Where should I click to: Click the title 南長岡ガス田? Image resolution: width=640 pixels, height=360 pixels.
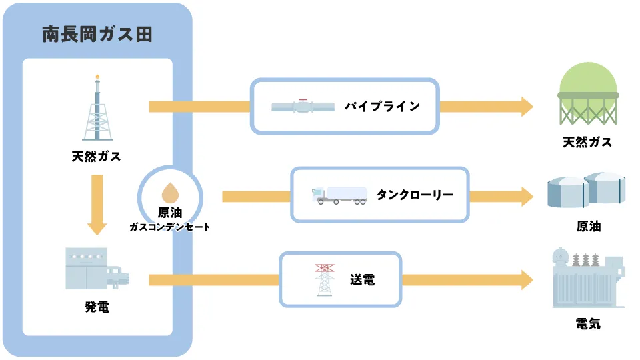point(97,35)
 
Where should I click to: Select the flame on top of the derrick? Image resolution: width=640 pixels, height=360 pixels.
point(97,77)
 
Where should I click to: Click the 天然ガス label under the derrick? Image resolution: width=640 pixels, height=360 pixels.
point(97,157)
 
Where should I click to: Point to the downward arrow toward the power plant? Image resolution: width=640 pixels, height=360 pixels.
point(97,204)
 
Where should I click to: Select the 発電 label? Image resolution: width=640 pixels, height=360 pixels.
point(97,307)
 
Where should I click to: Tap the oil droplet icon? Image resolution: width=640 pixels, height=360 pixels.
point(170,193)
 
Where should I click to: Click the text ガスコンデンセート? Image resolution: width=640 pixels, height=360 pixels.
point(170,227)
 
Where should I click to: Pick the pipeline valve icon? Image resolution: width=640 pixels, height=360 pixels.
point(303,107)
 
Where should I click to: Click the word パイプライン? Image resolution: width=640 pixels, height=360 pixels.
point(382,107)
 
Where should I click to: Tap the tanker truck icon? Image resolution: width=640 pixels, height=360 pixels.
point(339,195)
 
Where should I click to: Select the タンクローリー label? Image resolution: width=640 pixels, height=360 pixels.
point(415,195)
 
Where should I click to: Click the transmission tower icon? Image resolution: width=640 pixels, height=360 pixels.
point(325,279)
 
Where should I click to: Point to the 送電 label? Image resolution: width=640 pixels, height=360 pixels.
point(362,280)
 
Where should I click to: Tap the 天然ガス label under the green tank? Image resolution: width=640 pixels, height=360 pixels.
point(587,142)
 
